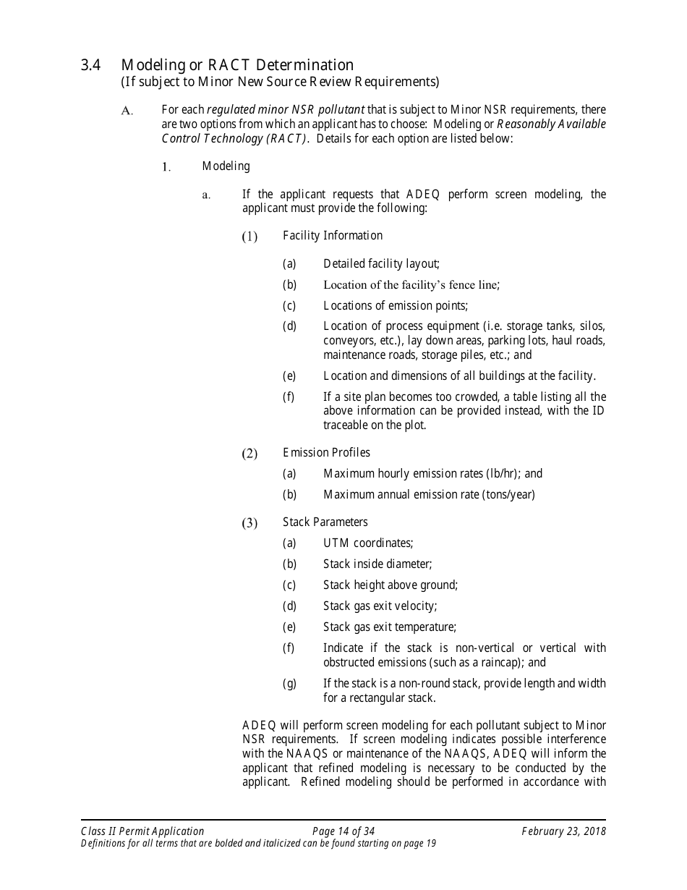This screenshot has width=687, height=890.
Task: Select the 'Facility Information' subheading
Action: [333, 236]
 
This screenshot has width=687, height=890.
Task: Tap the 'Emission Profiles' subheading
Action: [326, 453]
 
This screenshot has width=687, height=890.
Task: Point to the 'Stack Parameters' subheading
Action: [325, 522]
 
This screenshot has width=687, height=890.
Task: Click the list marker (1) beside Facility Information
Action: [249, 237]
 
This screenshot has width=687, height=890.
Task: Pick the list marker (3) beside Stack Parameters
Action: [249, 523]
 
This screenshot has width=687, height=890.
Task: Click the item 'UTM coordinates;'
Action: [368, 543]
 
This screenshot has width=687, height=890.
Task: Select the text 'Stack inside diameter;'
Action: [377, 564]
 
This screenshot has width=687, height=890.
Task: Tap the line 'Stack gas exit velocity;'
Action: [380, 606]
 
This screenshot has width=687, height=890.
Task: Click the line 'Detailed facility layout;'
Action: [381, 264]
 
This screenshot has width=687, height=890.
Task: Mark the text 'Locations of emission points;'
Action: [396, 306]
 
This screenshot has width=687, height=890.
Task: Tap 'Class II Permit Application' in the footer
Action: [142, 831]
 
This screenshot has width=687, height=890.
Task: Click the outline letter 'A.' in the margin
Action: [127, 111]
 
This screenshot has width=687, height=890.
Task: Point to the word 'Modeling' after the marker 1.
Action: [226, 166]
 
